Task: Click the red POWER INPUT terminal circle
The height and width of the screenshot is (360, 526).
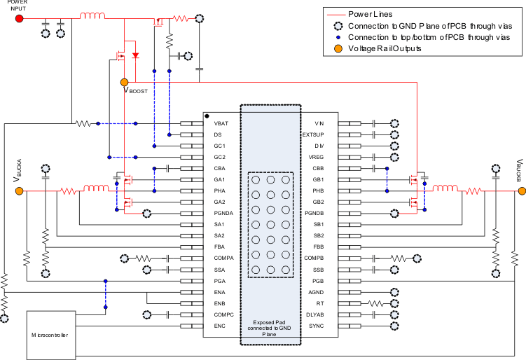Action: click(20, 18)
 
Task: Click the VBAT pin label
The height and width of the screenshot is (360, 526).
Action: click(221, 123)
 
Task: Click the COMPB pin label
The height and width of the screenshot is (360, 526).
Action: click(320, 258)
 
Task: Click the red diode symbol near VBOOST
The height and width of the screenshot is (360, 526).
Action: click(135, 55)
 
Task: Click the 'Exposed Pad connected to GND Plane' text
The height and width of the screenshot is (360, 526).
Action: click(270, 328)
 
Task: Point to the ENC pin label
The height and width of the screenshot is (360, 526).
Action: click(220, 326)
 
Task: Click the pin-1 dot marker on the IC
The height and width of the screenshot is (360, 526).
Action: click(207, 116)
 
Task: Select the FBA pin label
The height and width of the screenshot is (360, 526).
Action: click(220, 247)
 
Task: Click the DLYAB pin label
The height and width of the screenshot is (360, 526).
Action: click(321, 314)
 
